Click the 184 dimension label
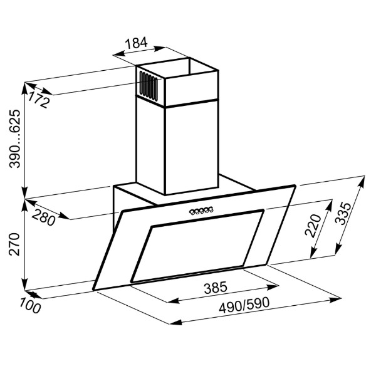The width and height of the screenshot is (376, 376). [x=136, y=43]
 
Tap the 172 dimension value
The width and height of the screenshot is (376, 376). [x=39, y=100]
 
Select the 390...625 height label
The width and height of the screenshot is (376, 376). [x=14, y=139]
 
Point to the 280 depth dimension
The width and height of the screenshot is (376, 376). [x=43, y=217]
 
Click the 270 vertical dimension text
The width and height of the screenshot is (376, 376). [x=14, y=244]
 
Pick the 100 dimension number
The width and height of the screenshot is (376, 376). [x=30, y=305]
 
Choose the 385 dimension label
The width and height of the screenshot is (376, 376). [x=215, y=288]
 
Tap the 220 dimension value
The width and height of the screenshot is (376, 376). [x=313, y=226]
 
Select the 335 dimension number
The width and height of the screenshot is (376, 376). [x=342, y=213]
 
